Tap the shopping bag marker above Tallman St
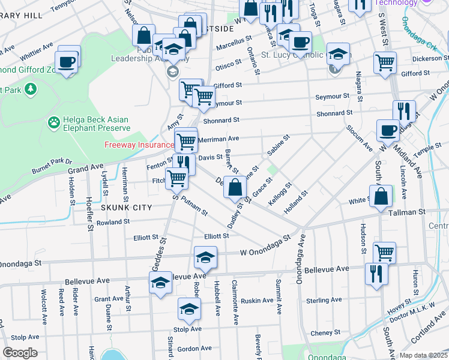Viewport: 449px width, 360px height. (x=381, y=196)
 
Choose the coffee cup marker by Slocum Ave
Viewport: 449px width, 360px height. (x=388, y=130)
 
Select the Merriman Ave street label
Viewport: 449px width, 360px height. (x=219, y=139)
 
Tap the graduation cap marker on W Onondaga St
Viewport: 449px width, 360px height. (x=205, y=257)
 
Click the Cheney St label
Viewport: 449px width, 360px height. (x=325, y=332)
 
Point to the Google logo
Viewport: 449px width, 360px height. (x=20, y=353)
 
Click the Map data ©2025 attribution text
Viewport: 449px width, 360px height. (x=424, y=355)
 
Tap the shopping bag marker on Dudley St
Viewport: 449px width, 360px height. (x=235, y=188)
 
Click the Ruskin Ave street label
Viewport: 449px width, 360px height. (x=257, y=301)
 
